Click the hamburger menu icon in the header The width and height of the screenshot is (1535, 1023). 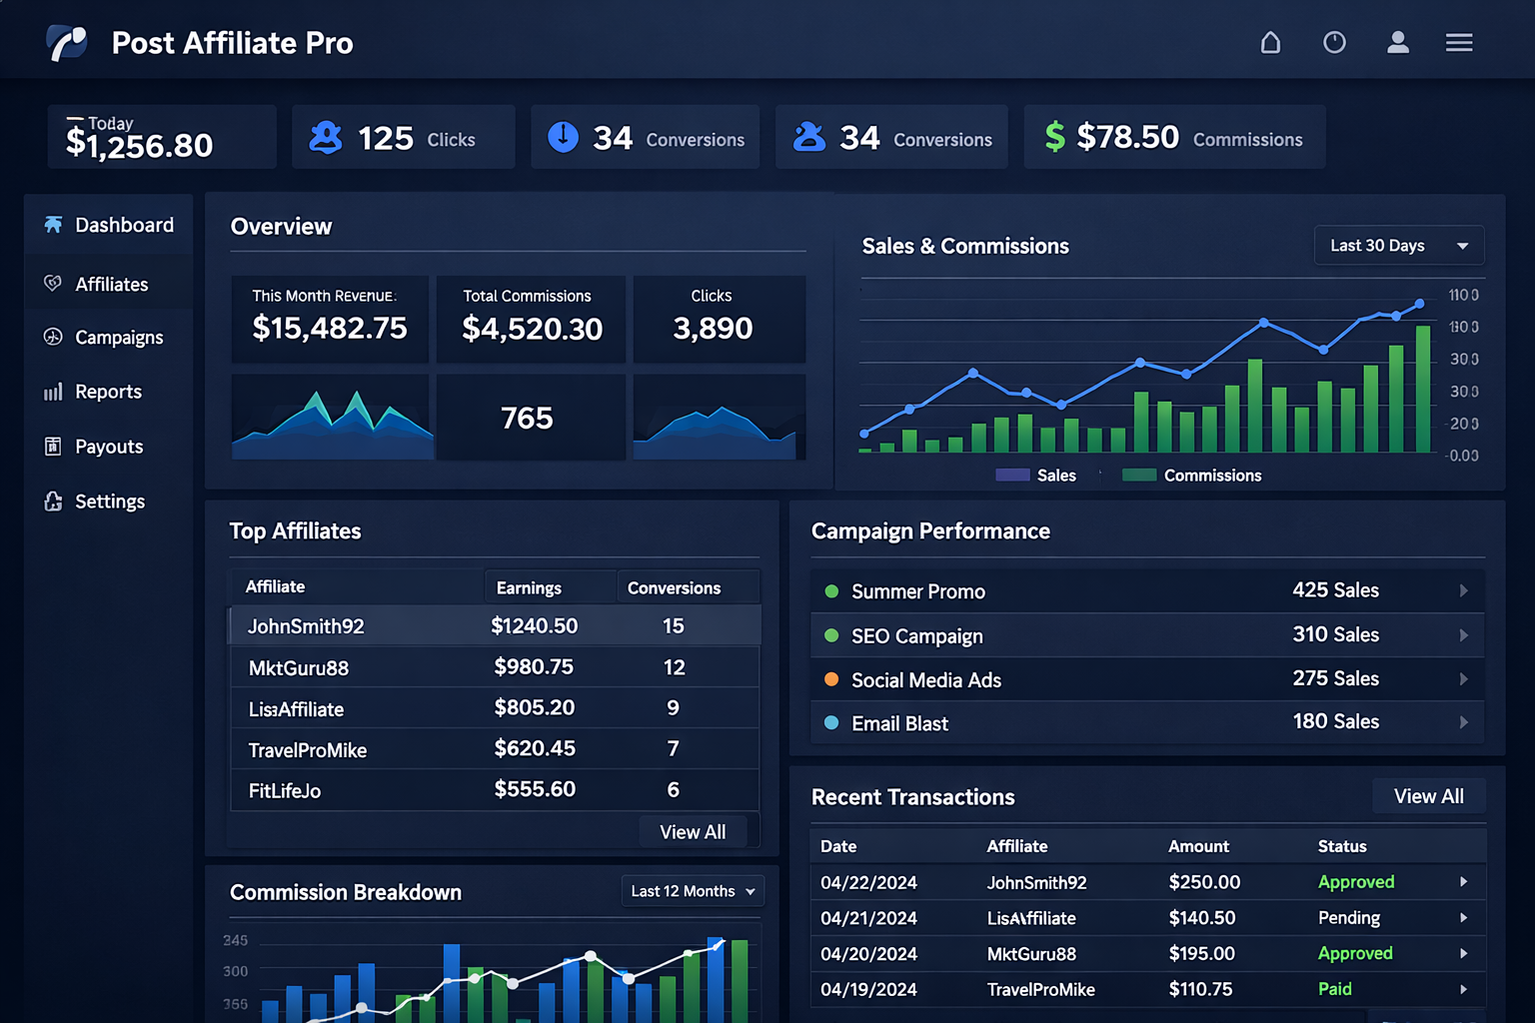[x=1458, y=42]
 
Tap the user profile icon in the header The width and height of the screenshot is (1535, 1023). [x=1397, y=42]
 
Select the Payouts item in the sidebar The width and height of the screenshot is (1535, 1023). [x=108, y=447]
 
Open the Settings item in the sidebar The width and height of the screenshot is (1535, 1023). [x=109, y=502]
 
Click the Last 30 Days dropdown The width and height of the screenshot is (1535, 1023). [x=1398, y=246]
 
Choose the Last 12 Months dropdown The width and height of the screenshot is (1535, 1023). [x=692, y=891]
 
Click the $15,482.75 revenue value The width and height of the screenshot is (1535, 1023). [x=330, y=328]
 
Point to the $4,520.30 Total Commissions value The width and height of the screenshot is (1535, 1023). [x=532, y=329]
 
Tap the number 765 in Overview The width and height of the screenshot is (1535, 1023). [x=527, y=418]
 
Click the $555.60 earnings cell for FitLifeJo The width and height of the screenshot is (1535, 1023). [x=535, y=789]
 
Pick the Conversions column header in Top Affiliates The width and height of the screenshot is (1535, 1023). [x=674, y=587]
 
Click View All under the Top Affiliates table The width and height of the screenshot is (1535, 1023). [x=693, y=832]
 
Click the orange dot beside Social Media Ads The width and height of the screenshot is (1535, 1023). [x=830, y=679]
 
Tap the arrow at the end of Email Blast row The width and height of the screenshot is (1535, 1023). [x=1463, y=722]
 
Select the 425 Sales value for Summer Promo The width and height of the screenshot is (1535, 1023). [x=1335, y=590]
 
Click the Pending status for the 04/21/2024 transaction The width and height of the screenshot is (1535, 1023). [x=1348, y=917]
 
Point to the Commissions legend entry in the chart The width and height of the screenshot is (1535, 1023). [x=1192, y=476]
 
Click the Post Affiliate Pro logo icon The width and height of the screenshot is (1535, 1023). [x=67, y=43]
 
